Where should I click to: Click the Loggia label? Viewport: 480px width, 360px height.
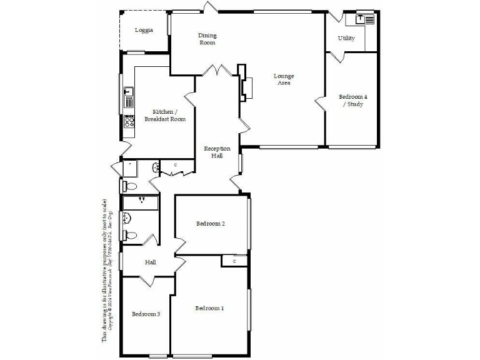144,30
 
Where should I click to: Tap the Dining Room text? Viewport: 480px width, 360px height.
207,39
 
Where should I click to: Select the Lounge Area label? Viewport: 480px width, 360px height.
284,79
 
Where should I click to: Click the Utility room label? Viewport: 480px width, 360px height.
346,38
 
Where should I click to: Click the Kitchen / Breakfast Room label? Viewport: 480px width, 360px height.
165,115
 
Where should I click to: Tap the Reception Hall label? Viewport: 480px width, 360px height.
217,152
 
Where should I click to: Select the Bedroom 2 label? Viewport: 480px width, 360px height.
210,223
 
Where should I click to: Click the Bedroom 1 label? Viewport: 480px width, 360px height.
209,308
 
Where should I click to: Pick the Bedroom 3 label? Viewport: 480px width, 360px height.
146,314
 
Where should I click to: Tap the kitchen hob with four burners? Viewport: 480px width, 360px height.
129,122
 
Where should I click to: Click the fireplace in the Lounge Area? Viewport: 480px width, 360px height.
246,88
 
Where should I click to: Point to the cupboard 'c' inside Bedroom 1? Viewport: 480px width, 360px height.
234,261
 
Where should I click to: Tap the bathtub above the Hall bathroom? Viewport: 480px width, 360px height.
141,202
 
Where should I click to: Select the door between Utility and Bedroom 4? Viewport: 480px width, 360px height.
337,57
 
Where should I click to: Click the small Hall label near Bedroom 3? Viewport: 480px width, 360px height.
150,262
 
